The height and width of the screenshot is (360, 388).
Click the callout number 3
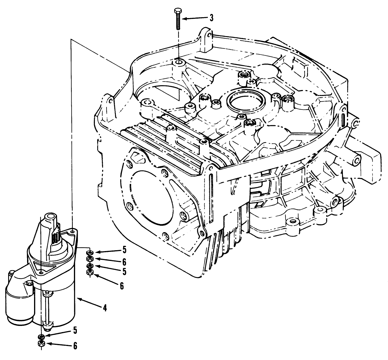pos(212,18)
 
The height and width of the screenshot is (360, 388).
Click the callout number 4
pos(105,308)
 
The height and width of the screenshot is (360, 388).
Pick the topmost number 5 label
pos(124,249)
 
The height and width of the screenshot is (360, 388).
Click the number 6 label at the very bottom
pos(75,346)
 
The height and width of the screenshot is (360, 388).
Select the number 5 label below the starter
pos(75,330)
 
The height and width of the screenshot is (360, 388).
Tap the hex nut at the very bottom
pos(41,344)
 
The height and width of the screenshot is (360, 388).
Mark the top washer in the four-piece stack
pos(90,252)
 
